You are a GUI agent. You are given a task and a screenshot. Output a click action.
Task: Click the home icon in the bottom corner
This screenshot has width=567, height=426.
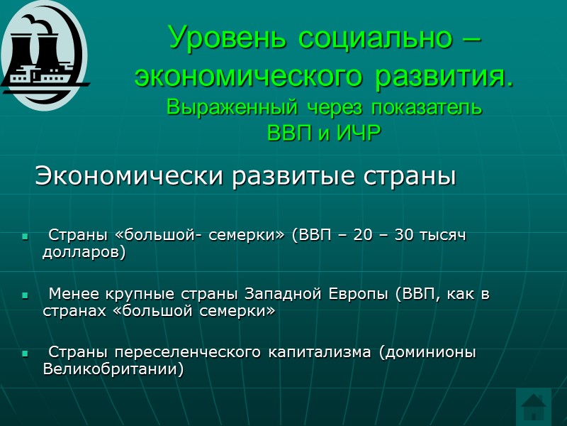pos(534,407)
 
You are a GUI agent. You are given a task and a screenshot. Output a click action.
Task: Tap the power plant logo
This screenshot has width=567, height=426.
pos(44,55)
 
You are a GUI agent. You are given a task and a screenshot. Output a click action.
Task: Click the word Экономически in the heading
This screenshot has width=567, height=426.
pos(131,175)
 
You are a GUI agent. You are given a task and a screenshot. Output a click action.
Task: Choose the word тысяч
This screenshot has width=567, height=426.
pos(446,235)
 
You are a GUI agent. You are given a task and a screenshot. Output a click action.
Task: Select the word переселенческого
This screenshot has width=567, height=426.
pos(185,352)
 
